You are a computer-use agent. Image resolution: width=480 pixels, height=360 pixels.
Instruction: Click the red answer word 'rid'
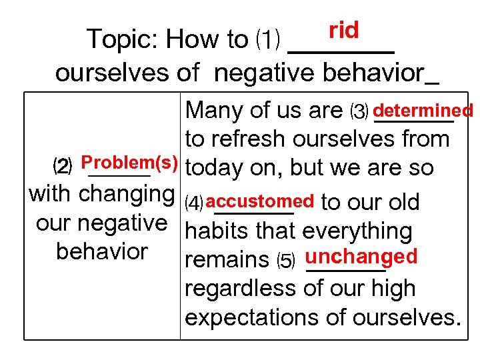[343, 30]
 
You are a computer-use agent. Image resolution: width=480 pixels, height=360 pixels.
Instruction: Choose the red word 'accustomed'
[265, 201]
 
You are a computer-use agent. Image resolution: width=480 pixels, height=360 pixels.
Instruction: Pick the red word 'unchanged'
[361, 257]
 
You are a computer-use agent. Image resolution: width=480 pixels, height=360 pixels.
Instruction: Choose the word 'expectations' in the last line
[257, 317]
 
